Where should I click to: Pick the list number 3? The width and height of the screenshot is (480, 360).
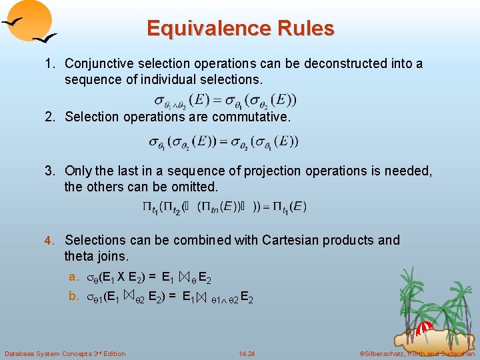(49, 171)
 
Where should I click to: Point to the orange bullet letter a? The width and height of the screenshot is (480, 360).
(73, 277)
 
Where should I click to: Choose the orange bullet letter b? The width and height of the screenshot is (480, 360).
(73, 296)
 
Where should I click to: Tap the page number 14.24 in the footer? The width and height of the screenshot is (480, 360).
(247, 353)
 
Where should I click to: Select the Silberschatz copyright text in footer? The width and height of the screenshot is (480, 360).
(417, 353)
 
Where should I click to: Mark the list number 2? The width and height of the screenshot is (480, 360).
(49, 117)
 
